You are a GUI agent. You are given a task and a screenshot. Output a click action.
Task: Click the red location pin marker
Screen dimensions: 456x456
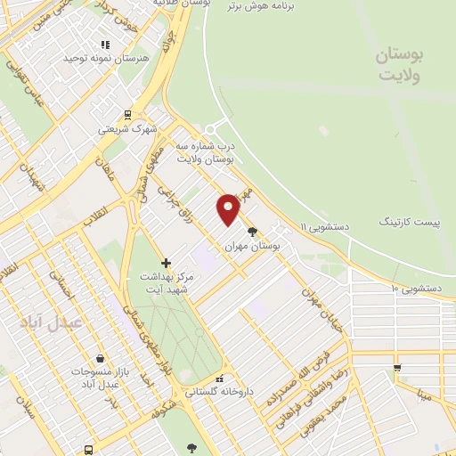[229, 208]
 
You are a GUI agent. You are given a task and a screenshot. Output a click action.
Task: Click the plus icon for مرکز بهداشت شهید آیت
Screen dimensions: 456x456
[166, 263]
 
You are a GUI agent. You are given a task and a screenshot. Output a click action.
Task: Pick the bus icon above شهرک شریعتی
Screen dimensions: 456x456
[127, 114]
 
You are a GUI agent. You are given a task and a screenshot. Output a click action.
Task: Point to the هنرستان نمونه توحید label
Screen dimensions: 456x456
[97, 58]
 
